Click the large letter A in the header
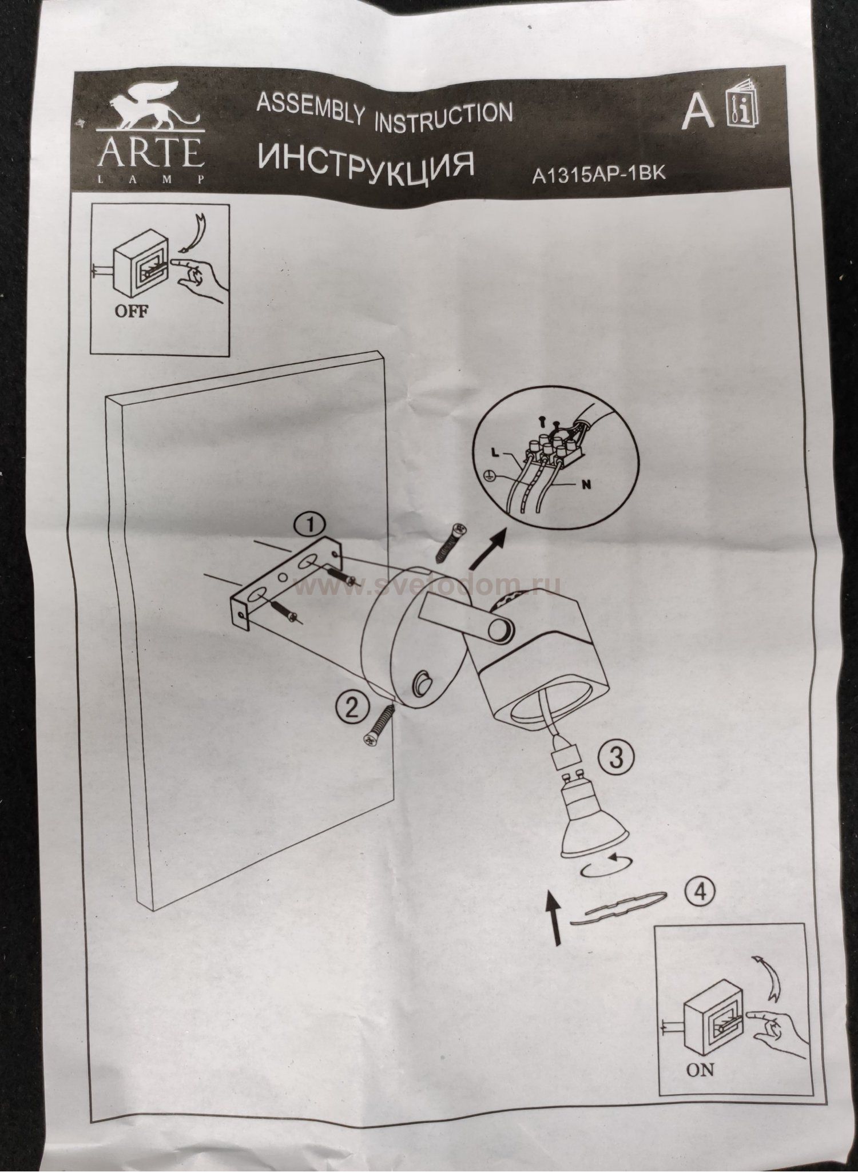point(698,111)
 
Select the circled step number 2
point(351,709)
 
